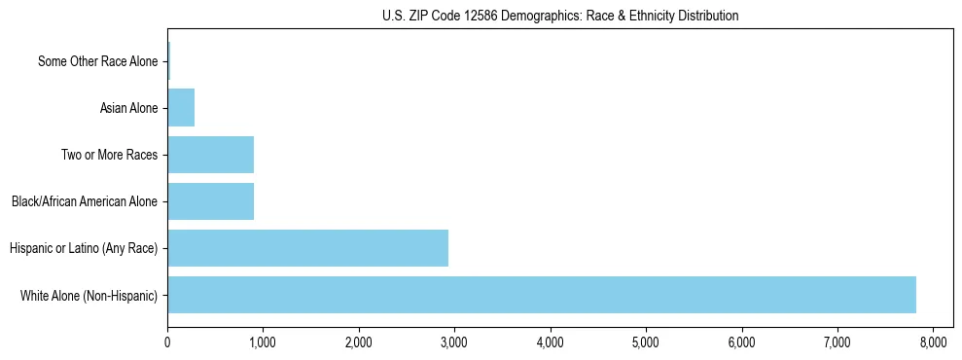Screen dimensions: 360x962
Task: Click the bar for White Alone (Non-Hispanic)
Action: (541, 295)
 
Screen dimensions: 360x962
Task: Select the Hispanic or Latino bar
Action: (307, 248)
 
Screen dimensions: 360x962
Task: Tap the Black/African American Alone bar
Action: (210, 201)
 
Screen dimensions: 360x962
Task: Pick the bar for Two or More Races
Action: (210, 155)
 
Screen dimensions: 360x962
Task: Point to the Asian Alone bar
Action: (181, 108)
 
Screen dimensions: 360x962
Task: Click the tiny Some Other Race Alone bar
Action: (168, 61)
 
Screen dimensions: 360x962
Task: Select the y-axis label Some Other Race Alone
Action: (97, 61)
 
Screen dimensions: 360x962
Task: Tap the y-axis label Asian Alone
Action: (128, 108)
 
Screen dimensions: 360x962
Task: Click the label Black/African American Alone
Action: (85, 201)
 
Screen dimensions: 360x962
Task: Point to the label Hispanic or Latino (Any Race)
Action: (84, 248)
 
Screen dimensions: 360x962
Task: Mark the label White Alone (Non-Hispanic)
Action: (89, 295)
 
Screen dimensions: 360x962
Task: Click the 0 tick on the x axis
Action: (167, 342)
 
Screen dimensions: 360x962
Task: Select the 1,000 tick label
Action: (263, 342)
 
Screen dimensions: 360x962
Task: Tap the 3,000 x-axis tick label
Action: (454, 342)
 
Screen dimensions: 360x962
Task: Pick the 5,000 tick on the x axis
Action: (646, 342)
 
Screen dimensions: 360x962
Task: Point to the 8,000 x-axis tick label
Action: (933, 342)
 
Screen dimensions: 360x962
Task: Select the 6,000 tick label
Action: (741, 342)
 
